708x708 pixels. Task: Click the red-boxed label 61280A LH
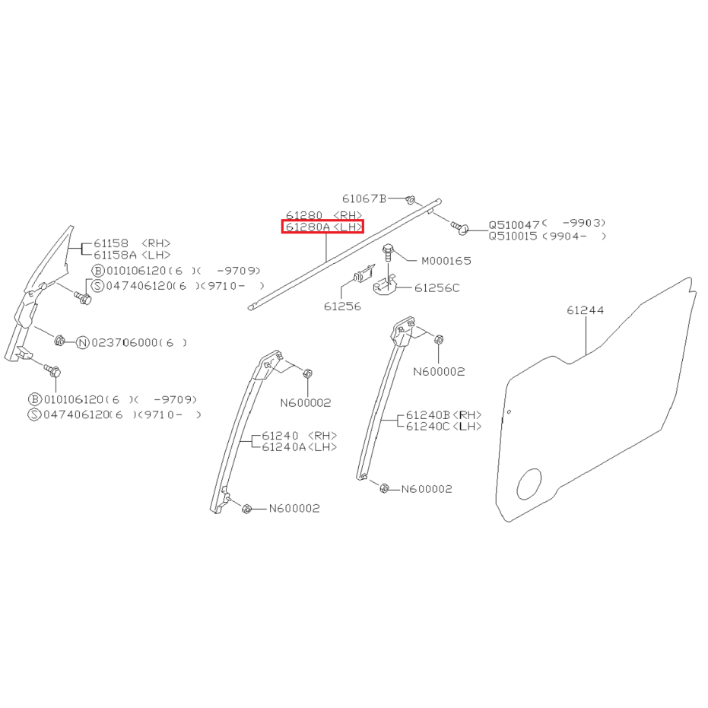323,227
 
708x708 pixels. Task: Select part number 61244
586,310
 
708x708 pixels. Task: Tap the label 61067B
364,198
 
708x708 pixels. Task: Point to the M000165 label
446,261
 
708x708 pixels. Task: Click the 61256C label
437,288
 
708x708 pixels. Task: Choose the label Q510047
514,225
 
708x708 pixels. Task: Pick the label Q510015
513,237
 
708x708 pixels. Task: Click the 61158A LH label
132,255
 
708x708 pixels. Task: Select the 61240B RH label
444,415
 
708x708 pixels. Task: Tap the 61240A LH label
300,447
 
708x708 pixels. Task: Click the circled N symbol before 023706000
83,343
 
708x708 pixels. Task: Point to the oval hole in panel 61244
529,484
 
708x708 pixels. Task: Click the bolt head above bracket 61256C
387,249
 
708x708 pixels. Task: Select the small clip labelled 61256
364,274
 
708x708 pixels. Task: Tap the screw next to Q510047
459,227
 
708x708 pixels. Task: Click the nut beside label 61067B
411,199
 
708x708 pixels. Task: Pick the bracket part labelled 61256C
384,285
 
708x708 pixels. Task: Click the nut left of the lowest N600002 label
246,509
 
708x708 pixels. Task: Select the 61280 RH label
324,215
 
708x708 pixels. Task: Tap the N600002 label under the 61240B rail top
439,372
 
